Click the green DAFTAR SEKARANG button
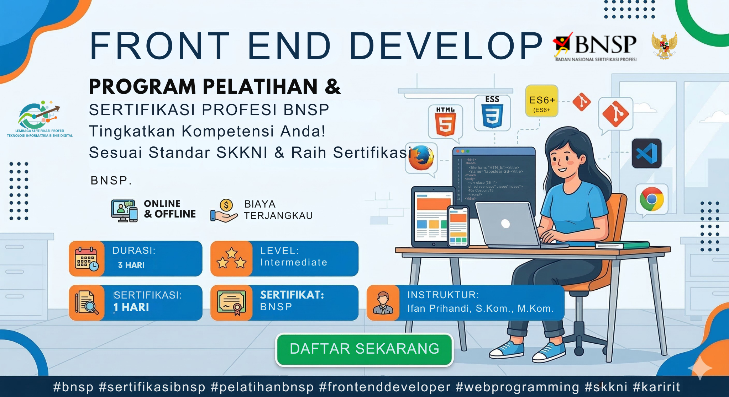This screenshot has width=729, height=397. (364, 349)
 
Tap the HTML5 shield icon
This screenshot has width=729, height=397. (445, 122)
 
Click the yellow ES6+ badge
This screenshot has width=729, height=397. (541, 101)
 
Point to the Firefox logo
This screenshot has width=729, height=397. (421, 158)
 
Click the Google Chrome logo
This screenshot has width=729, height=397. (651, 199)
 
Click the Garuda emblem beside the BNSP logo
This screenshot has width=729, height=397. (664, 45)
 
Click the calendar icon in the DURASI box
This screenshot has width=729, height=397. (86, 259)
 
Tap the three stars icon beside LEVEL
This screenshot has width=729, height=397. (231, 259)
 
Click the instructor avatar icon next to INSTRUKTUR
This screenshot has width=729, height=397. (383, 303)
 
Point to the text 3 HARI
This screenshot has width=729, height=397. (131, 265)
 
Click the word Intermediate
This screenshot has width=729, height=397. (294, 262)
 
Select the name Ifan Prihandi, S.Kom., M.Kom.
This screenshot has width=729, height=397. (480, 308)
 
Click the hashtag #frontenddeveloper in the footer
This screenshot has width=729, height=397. (385, 387)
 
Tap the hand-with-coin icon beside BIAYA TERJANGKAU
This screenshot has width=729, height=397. (224, 211)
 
